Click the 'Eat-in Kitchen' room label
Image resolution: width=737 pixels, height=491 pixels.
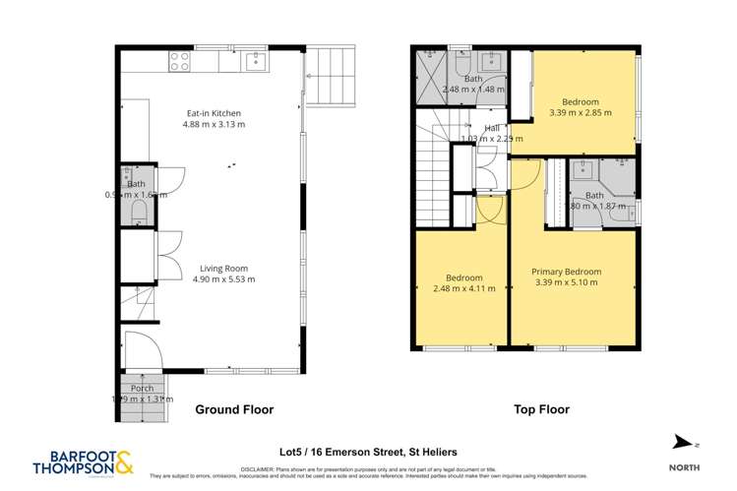click(x=214, y=113)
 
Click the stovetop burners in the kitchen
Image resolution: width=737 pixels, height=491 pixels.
click(x=179, y=62)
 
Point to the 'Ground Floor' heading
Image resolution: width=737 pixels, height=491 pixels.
click(x=234, y=409)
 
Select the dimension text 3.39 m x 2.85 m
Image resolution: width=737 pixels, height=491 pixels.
click(x=580, y=113)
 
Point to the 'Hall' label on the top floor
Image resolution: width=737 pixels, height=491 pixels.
click(x=492, y=128)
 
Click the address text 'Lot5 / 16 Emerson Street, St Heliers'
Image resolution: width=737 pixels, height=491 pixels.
click(x=368, y=451)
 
